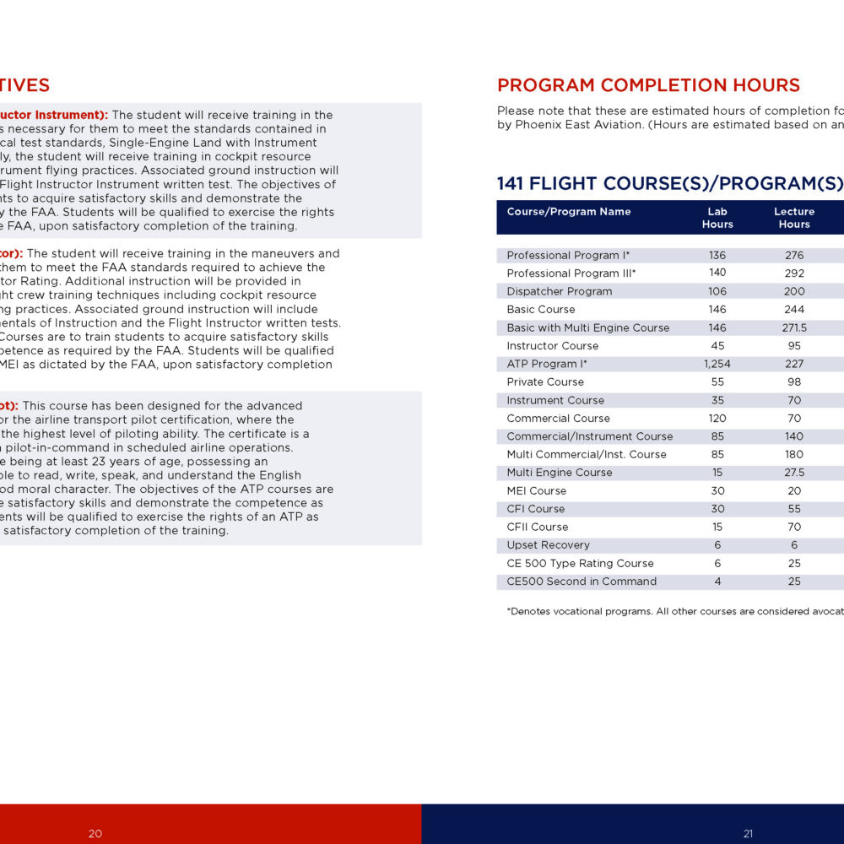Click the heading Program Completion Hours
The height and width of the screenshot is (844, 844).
648,85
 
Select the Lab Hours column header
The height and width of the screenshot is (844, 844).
717,218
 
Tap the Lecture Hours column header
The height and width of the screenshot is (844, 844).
794,218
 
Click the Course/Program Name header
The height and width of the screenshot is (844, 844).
569,212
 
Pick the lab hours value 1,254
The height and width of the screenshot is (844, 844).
717,364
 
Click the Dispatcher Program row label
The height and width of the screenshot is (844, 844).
560,291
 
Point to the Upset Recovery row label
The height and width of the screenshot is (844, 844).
549,545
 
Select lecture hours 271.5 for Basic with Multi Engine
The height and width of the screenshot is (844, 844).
794,327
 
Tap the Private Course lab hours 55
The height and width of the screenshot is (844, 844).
717,382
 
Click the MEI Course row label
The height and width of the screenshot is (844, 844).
537,491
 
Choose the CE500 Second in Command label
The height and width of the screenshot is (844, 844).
582,582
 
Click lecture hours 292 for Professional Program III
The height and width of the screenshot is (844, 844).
794,273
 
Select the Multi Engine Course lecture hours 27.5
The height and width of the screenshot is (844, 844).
794,473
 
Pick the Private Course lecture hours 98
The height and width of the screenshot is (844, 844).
794,382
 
